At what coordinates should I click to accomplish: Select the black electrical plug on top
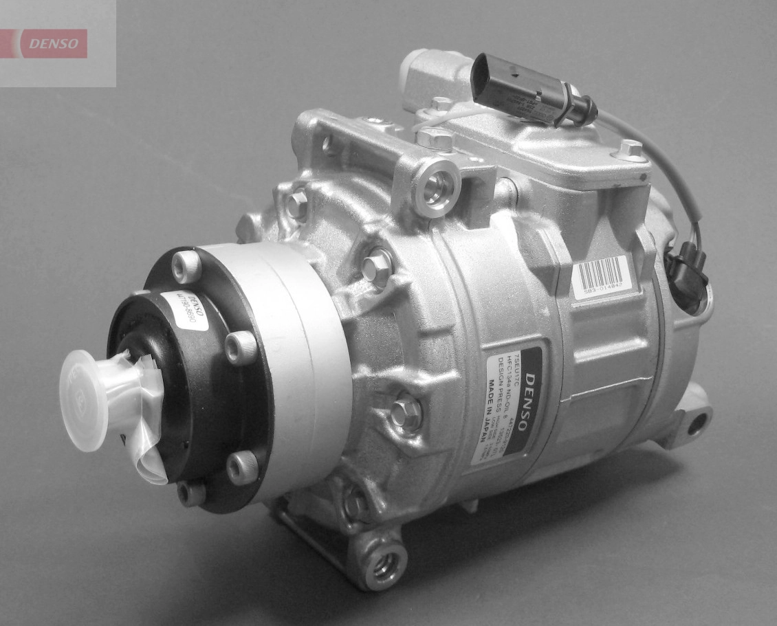pos(523,89)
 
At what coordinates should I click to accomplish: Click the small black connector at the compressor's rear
pos(686,275)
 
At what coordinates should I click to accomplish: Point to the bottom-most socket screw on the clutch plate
pos(191,492)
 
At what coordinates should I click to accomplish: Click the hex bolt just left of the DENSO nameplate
pos(406,413)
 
